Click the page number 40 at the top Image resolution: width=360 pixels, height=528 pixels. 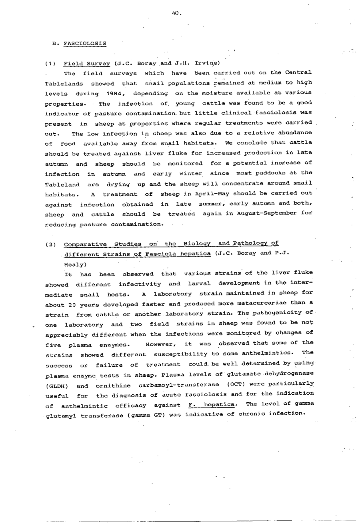point(176,13)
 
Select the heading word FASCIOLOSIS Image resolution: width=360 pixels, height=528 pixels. point(85,43)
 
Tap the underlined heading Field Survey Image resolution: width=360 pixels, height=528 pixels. point(87,63)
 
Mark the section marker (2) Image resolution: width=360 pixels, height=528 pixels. point(51,245)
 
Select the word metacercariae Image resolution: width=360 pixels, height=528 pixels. point(268,303)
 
